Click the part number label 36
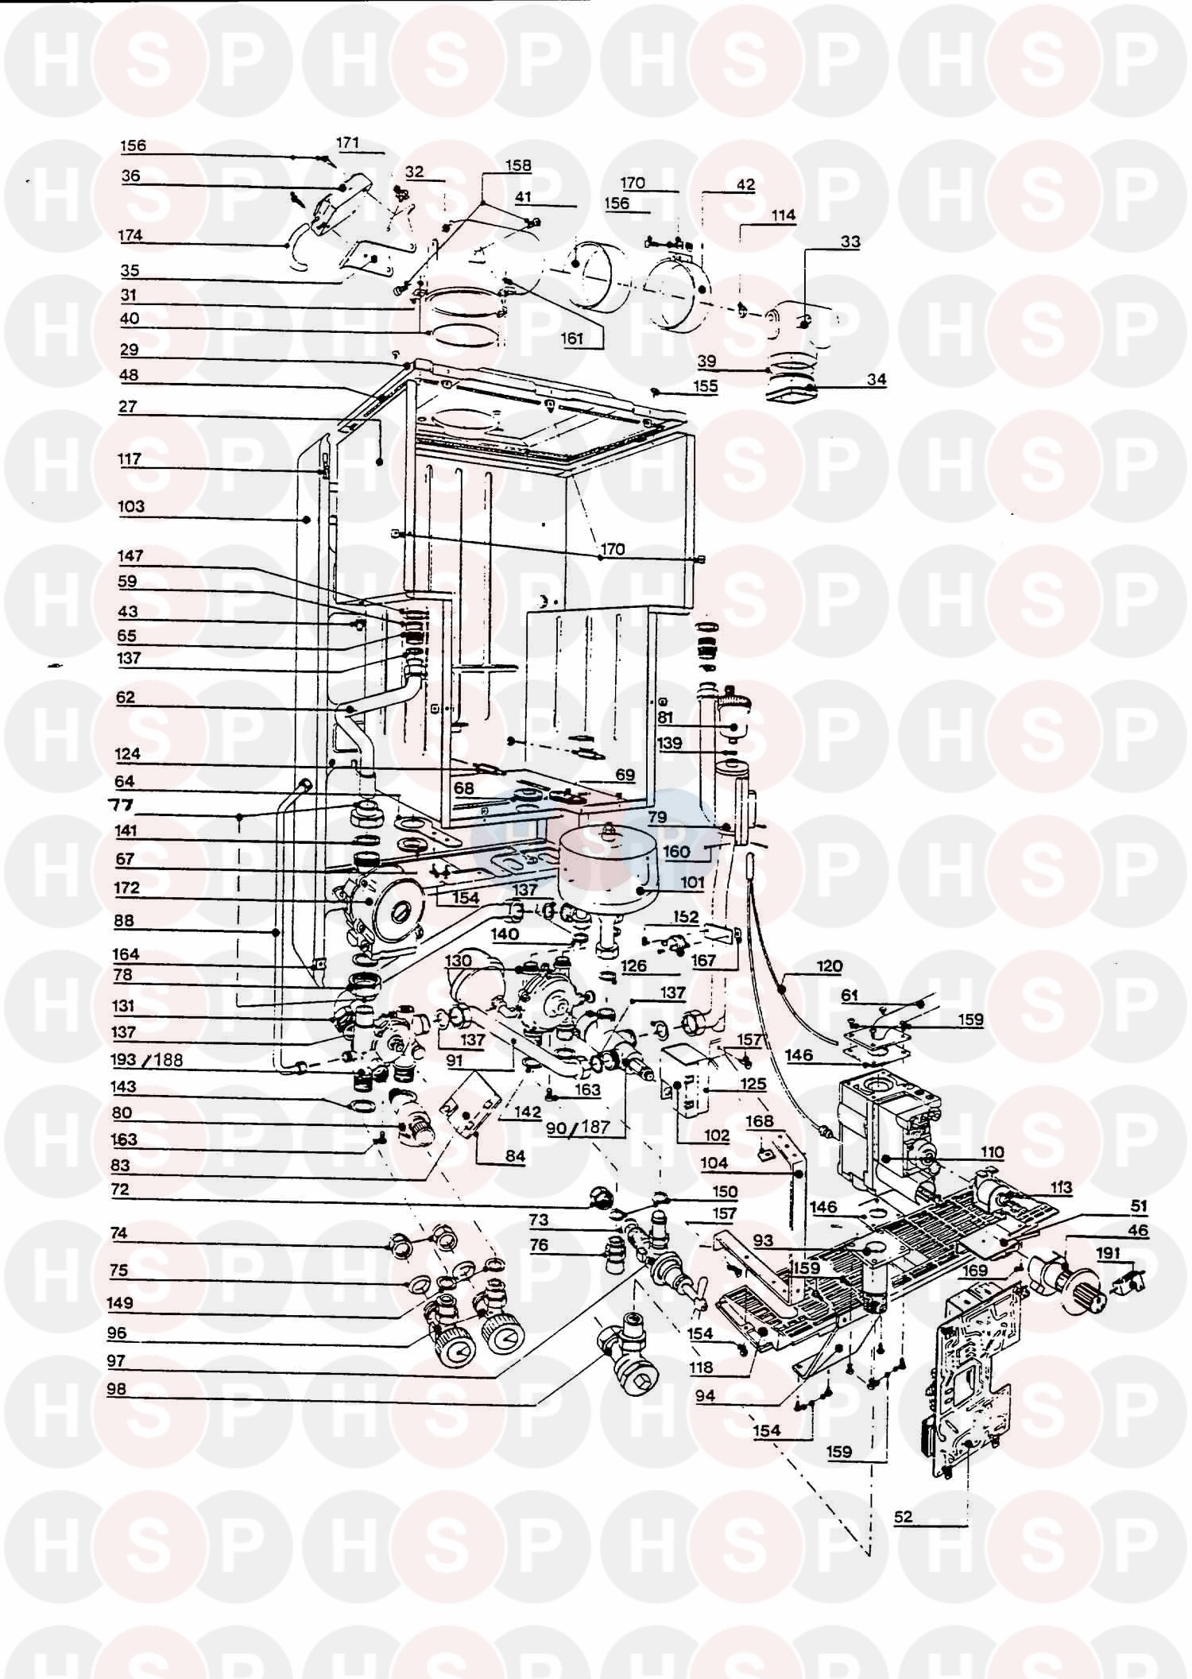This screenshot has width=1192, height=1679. tap(130, 176)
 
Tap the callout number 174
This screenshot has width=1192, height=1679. tap(130, 236)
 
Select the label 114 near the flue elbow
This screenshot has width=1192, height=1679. tap(783, 215)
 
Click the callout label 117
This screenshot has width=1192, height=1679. tap(129, 459)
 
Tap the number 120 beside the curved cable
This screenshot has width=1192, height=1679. tap(829, 967)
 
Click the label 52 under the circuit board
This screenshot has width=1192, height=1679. tap(903, 1518)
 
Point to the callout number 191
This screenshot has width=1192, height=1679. tap(1109, 1253)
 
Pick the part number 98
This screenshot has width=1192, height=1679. tap(116, 1390)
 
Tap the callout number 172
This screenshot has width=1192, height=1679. tap(127, 888)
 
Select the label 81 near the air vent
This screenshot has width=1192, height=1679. tap(665, 718)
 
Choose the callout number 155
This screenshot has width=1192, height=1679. tap(705, 386)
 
